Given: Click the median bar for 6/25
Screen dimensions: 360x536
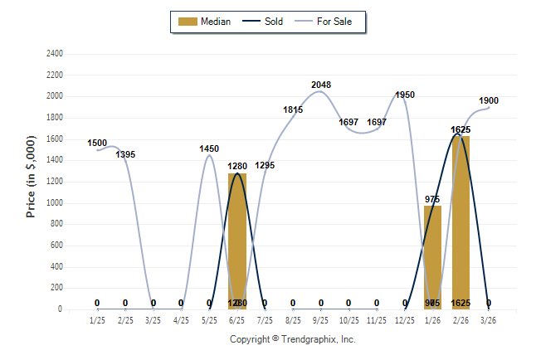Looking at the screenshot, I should tap(237, 241).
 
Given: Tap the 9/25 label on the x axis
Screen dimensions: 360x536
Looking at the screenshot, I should tap(321, 319).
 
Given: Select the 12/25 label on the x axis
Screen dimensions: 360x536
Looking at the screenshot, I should tap(405, 319).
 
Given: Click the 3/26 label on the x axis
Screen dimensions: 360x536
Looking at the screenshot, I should tap(489, 319).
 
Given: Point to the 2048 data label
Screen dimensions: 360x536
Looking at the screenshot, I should tap(321, 85).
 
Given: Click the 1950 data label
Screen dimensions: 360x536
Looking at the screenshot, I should tap(405, 95).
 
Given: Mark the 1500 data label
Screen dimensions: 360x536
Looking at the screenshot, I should tap(98, 143).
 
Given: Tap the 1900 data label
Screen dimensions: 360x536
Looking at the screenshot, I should tap(489, 100).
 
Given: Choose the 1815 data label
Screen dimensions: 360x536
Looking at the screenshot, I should tap(293, 109).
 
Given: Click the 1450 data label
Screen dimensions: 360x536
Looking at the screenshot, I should tap(209, 148).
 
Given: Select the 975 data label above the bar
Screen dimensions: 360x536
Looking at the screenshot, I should tap(432, 199).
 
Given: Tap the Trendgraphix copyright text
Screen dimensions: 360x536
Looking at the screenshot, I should tap(292, 339).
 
